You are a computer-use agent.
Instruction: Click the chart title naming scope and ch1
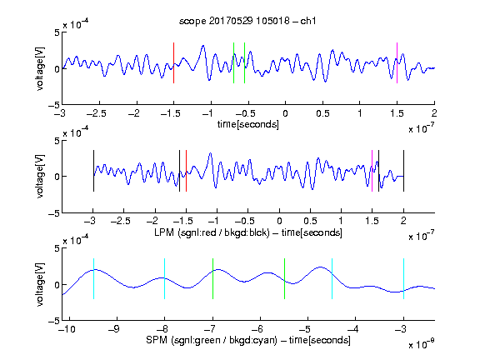[x=247, y=21]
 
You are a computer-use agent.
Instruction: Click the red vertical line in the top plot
[x=174, y=62]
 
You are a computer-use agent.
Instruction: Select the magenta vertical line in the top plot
[x=397, y=62]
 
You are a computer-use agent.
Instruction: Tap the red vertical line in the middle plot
[x=186, y=171]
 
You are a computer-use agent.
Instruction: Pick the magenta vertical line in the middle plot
[x=372, y=171]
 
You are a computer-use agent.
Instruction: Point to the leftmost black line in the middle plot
[x=93, y=171]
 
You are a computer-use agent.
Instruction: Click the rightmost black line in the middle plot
[x=403, y=171]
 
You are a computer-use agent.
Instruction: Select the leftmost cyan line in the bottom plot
[x=93, y=278]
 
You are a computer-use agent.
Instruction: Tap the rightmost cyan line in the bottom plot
[x=403, y=278]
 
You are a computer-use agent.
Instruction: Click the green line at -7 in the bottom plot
[x=212, y=278]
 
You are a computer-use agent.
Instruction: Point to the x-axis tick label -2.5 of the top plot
[x=97, y=113]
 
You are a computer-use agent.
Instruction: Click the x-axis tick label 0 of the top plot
[x=285, y=113]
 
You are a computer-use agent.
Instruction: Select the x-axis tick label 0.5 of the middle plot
[x=310, y=221]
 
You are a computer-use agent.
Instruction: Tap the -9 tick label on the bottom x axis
[x=114, y=329]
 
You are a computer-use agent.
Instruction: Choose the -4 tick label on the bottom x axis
[x=353, y=329]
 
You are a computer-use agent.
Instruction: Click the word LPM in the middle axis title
[x=164, y=232]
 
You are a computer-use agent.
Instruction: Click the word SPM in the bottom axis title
[x=157, y=340]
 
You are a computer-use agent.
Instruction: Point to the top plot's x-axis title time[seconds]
[x=248, y=124]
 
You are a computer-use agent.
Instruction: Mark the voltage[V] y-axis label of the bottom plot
[x=40, y=284]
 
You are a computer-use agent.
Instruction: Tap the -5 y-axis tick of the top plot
[x=54, y=105]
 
